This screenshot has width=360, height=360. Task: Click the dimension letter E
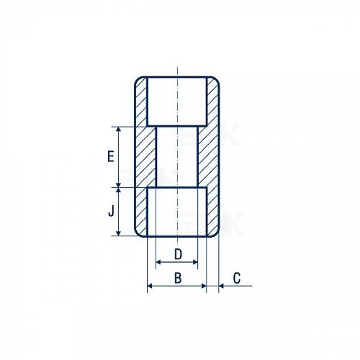click(111, 156)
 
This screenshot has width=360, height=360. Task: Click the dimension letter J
click(111, 211)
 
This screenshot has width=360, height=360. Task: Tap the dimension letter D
click(178, 254)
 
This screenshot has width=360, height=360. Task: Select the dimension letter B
click(178, 278)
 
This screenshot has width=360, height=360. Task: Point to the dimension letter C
click(237, 278)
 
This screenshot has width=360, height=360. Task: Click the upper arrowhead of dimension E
click(118, 130)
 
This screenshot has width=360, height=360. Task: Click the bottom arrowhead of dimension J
click(118, 233)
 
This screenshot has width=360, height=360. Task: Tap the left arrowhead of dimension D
click(159, 262)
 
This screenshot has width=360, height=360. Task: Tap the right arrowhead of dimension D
click(194, 262)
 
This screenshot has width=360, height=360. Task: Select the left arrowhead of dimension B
click(150, 286)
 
